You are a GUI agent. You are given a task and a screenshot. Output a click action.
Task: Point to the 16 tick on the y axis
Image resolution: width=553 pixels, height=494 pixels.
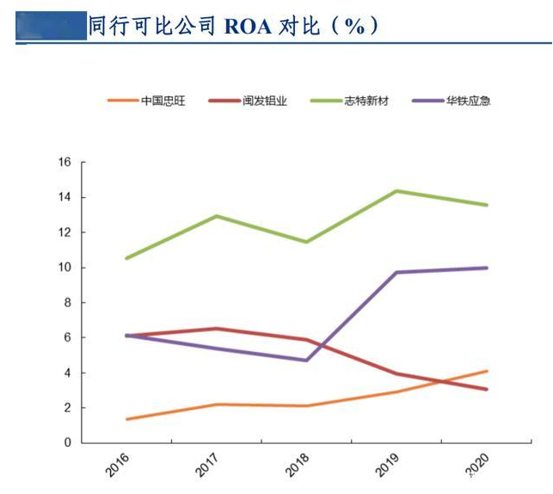click(64, 162)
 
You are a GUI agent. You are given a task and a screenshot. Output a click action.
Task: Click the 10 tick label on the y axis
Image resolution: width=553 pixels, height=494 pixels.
click(64, 268)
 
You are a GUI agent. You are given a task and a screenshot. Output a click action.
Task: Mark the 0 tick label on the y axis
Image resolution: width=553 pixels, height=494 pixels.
click(67, 442)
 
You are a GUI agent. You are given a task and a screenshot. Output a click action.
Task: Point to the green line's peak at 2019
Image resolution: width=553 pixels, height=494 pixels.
click(396, 190)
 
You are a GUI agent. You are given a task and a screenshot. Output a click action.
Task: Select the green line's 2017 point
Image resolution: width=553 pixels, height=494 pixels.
click(217, 216)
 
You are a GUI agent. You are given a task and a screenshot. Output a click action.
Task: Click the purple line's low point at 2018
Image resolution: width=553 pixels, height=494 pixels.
click(306, 360)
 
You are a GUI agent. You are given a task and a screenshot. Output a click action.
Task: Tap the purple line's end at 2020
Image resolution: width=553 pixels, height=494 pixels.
click(487, 268)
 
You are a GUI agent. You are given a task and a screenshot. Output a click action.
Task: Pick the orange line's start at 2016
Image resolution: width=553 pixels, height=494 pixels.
click(126, 419)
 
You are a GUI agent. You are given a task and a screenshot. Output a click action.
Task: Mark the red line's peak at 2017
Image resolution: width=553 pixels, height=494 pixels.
click(217, 328)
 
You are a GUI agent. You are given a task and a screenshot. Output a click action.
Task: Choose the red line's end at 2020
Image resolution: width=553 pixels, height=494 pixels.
click(487, 389)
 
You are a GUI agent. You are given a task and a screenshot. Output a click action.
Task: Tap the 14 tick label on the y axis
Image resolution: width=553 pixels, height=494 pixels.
click(64, 197)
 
